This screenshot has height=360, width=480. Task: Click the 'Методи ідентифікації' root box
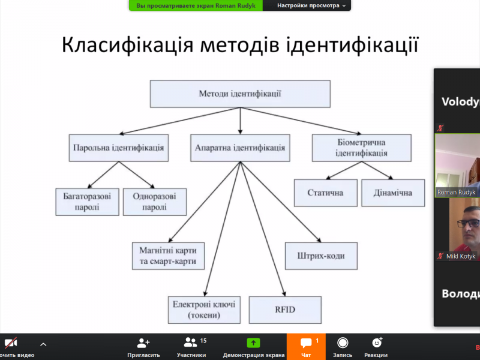240,94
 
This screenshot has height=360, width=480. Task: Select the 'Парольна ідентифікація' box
118,148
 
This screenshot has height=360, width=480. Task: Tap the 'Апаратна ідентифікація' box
240,148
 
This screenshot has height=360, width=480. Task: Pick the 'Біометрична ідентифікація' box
362,148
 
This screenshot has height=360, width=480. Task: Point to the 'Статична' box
325,193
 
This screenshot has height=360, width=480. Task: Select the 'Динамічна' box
393,193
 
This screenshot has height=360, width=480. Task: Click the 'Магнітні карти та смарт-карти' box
168,256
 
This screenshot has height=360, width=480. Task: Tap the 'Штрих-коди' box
321,256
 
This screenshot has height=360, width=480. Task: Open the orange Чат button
306,347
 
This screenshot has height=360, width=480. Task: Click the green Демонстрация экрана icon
254,343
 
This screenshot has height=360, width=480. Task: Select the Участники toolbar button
191,347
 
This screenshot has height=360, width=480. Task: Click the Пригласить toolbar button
143,347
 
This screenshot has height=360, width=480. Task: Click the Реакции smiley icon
377,343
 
